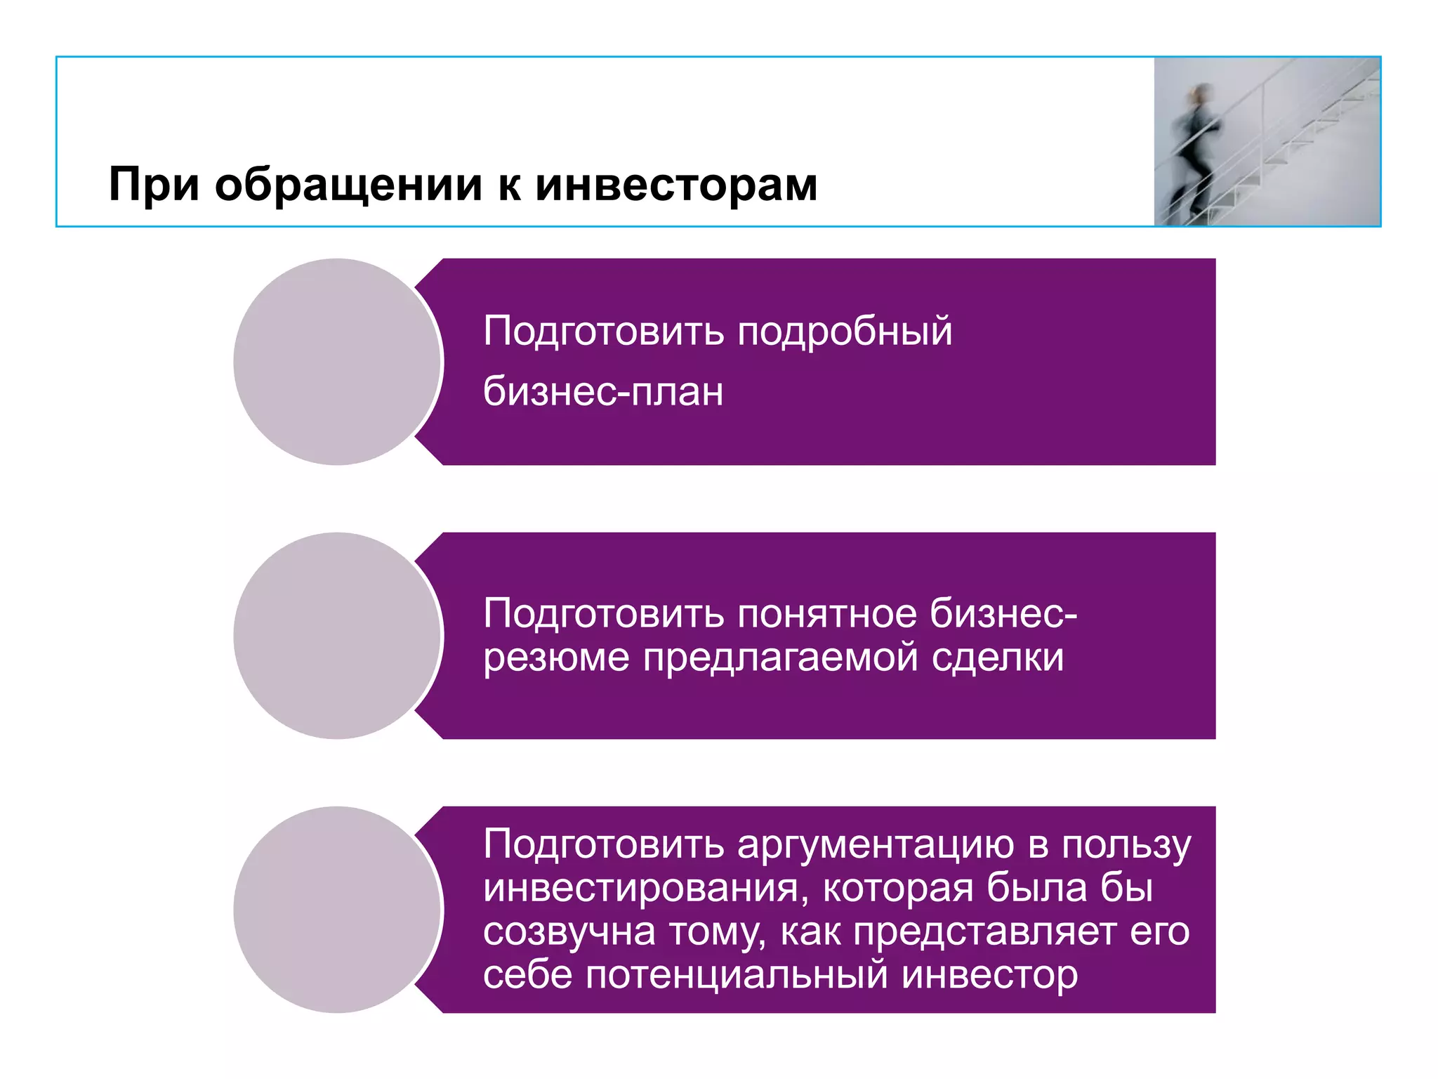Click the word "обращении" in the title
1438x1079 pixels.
click(x=348, y=186)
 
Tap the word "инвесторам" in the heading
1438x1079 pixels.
click(x=676, y=185)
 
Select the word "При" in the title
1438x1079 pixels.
click(x=154, y=186)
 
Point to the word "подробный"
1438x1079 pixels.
click(x=845, y=332)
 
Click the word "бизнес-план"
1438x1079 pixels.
click(x=603, y=392)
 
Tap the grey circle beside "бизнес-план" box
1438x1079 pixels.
click(x=337, y=362)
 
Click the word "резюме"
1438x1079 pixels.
click(x=556, y=658)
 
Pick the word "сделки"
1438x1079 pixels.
click(x=998, y=658)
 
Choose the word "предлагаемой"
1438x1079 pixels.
click(x=781, y=659)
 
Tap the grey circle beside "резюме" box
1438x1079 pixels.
click(x=337, y=636)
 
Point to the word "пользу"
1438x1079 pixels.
click(x=1126, y=845)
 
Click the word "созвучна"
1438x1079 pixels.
click(x=569, y=932)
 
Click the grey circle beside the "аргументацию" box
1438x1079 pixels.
click(x=337, y=910)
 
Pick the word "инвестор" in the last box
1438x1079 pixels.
click(x=989, y=975)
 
